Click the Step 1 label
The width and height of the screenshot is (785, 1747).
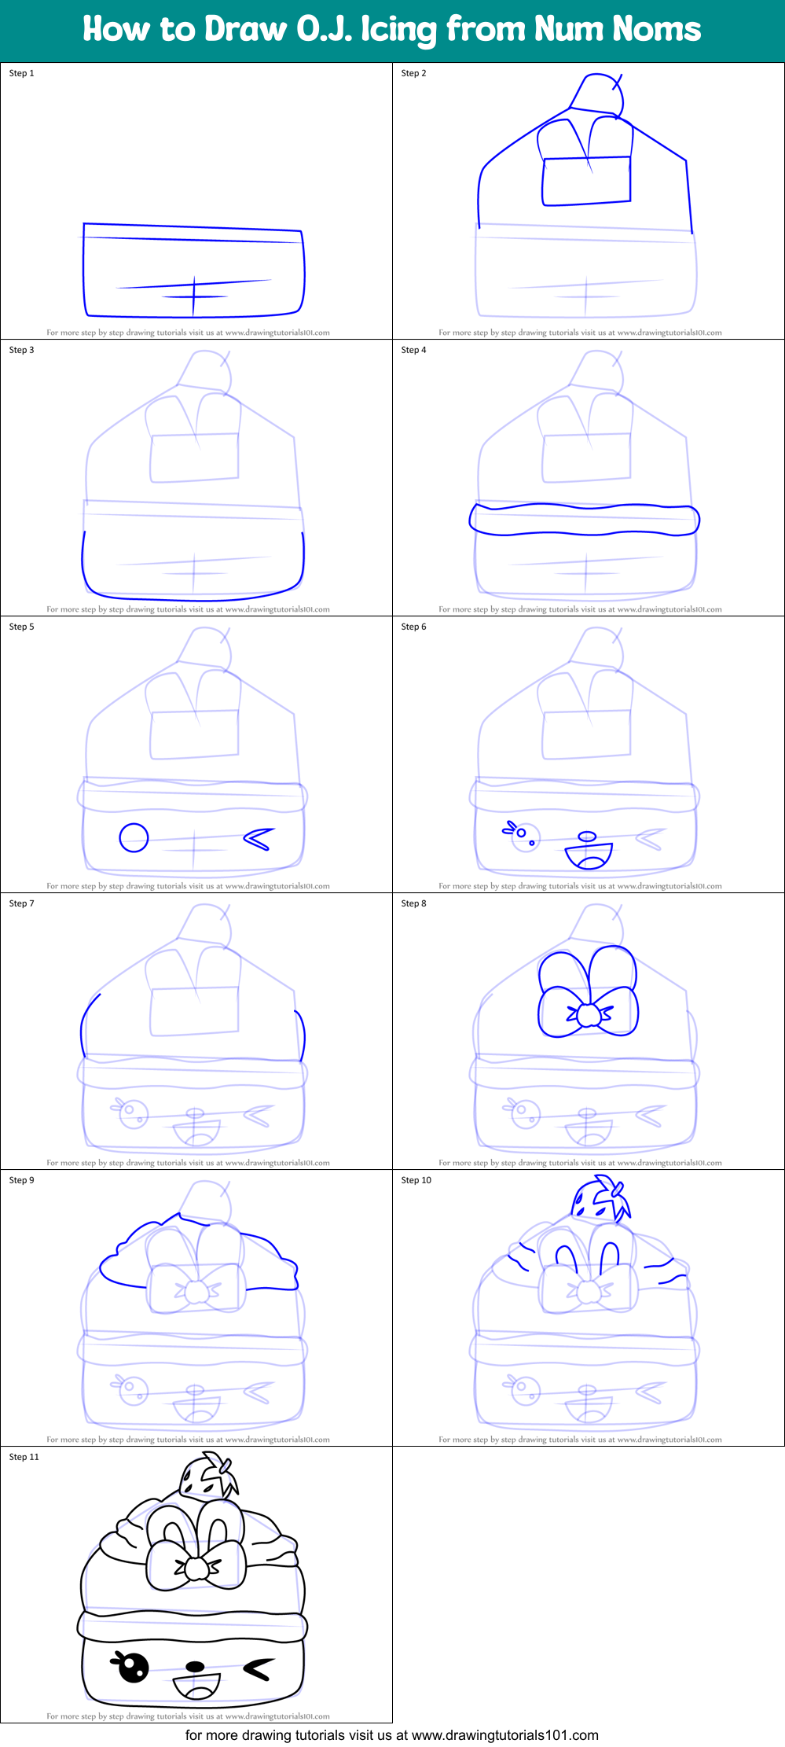coord(21,73)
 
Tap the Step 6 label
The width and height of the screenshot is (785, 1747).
coord(413,627)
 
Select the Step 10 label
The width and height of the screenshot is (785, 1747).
coord(416,1180)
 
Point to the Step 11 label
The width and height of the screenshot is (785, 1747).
coord(24,1457)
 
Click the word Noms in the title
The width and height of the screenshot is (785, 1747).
coord(657,29)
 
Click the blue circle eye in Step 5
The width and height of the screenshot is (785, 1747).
coord(134,837)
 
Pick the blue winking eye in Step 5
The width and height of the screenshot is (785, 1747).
coord(259,839)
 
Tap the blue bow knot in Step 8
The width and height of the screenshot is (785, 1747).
coord(588,1015)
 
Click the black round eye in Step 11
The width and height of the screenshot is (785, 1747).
coord(133,1667)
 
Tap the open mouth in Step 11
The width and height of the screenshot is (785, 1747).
coord(196,1686)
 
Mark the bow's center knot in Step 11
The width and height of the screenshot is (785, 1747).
coord(196,1569)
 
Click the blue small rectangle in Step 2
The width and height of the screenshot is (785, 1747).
coord(586,181)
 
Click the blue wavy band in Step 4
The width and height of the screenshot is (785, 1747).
coord(584,520)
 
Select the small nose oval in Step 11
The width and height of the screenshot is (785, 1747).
coord(195,1665)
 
